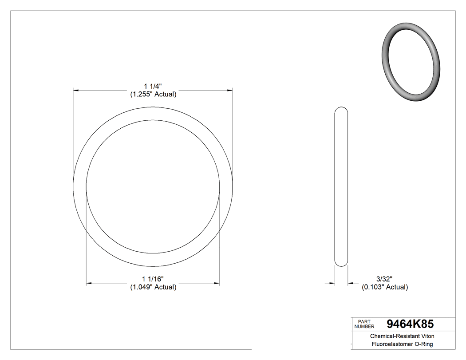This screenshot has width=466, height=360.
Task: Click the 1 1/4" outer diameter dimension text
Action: coord(153,86)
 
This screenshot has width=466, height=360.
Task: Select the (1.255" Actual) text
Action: coord(153,94)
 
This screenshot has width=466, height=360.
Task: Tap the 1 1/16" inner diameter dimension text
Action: coord(153,278)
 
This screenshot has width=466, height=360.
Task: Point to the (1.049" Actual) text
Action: coord(153,287)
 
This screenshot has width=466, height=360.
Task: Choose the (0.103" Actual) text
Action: coord(385,287)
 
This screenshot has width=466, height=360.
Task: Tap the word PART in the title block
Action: coord(363,321)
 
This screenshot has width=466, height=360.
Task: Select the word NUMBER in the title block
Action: coord(364,326)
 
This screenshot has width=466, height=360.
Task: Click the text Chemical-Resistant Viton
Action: coord(402,336)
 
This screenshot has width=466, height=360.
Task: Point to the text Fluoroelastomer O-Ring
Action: coord(402,344)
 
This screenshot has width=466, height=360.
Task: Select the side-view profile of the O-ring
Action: coord(341,186)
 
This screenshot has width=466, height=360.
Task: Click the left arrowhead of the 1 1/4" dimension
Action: coord(76,91)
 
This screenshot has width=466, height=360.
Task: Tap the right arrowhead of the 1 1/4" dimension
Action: coord(230,91)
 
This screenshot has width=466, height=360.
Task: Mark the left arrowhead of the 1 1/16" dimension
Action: coord(89,283)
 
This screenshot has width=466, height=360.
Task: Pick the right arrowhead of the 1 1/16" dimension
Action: coord(217,283)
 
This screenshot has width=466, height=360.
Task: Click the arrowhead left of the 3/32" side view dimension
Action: coord(332,283)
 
